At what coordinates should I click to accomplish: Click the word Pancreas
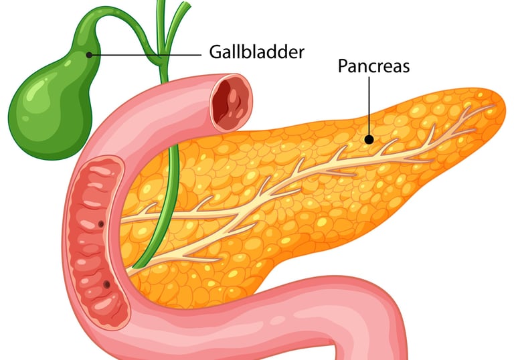tap(373, 66)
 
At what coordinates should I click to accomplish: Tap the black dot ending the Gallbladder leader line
tap(89, 54)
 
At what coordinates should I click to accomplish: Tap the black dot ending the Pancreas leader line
tap(368, 139)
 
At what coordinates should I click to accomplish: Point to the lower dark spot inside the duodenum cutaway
tap(106, 285)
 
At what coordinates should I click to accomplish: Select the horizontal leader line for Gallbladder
tap(144, 54)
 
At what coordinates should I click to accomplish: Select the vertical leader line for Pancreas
tap(368, 107)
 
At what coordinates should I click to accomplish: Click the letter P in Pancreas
tap(343, 66)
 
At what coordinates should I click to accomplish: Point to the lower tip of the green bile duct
tap(136, 266)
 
